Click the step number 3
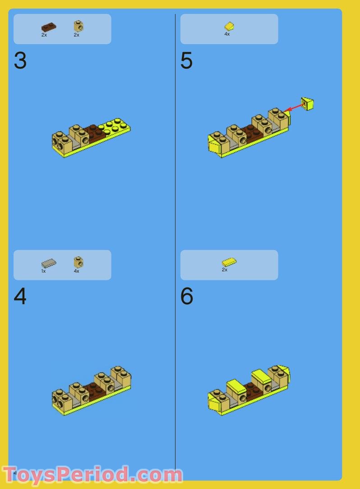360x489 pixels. (x=20, y=60)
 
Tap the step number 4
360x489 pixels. (x=20, y=296)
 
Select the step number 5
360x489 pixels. (x=187, y=60)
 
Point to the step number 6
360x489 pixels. (x=187, y=296)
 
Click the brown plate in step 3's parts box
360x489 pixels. (x=49, y=27)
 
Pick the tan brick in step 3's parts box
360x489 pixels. (x=78, y=26)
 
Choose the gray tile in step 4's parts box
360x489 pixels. (x=49, y=264)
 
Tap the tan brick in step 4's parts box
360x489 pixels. (x=78, y=262)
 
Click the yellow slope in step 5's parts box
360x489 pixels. (x=229, y=26)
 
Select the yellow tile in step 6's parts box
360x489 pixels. (x=229, y=262)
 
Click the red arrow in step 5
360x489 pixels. (x=294, y=108)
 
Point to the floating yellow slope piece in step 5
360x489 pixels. (x=307, y=104)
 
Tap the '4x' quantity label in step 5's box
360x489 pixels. (x=227, y=34)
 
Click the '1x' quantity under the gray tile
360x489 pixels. (x=43, y=271)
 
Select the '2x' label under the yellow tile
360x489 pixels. (x=225, y=270)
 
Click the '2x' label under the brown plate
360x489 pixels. (x=44, y=35)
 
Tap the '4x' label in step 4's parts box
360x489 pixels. (x=77, y=271)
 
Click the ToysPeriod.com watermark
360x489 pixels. (x=92, y=475)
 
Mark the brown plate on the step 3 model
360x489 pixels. (x=95, y=133)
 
